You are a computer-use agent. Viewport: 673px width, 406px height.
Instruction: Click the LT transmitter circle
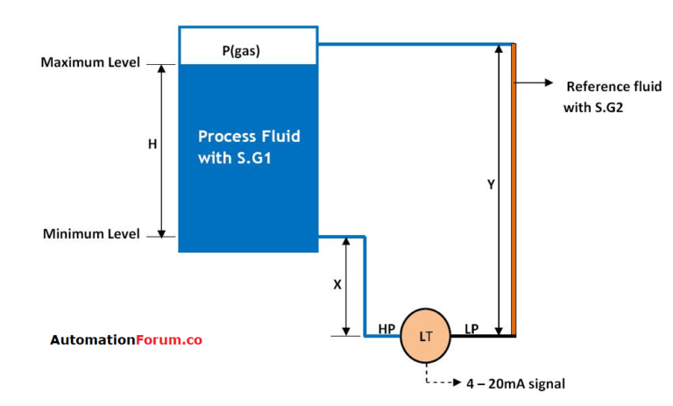tap(426, 336)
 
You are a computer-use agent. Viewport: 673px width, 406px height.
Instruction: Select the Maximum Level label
tap(89, 63)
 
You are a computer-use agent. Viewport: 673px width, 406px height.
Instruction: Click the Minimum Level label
tap(90, 234)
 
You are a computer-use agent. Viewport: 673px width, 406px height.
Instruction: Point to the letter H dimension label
tap(152, 145)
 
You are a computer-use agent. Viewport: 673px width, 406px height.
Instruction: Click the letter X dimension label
tap(336, 285)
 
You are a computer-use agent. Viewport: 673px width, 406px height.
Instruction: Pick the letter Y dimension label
tap(491, 185)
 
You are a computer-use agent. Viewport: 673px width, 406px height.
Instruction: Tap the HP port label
tap(386, 329)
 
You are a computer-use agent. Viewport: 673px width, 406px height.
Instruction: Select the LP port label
tap(471, 329)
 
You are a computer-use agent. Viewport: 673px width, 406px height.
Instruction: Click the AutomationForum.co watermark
tap(125, 340)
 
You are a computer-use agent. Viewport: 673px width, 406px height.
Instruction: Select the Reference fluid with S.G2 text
tap(599, 96)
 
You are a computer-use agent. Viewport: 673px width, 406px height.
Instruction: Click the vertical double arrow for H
tap(162, 149)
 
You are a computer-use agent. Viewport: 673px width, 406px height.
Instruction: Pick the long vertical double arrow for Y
tap(499, 189)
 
